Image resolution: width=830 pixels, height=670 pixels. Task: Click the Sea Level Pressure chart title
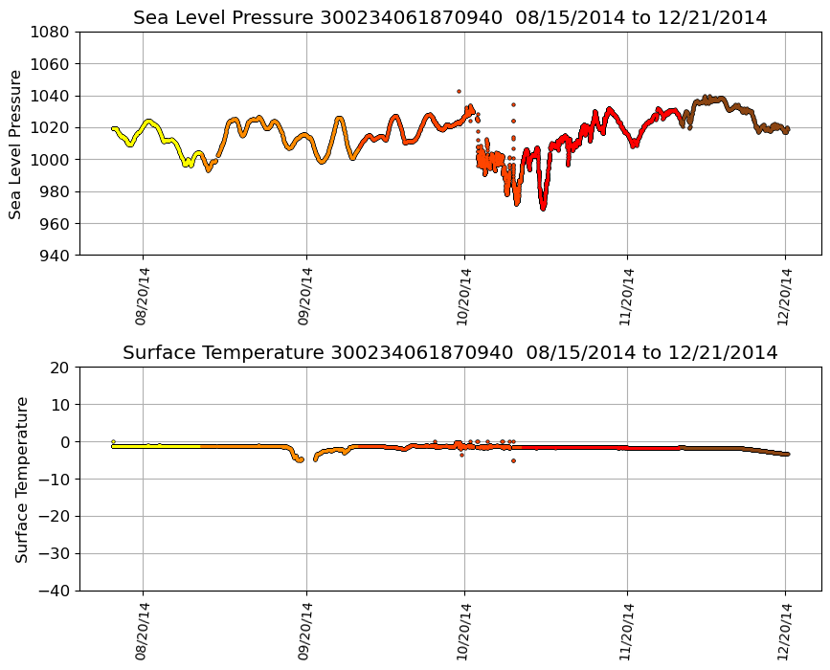tap(450, 18)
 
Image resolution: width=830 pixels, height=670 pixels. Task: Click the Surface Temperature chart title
tap(450, 353)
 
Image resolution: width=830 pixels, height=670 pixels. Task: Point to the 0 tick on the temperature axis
tap(67, 442)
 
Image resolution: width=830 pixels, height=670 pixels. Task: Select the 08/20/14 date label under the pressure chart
tap(143, 297)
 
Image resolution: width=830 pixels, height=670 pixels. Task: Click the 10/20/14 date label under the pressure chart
tap(464, 297)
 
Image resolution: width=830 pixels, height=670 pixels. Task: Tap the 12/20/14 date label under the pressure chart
tap(786, 297)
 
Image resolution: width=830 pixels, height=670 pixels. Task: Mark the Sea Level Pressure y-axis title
tap(16, 144)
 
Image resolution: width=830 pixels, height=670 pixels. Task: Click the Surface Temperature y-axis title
tap(21, 479)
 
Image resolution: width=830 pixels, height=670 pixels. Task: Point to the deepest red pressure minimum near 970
tap(543, 207)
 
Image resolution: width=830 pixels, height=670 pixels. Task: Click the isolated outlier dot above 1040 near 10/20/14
tap(459, 91)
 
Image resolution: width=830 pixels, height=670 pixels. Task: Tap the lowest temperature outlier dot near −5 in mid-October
tap(513, 460)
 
